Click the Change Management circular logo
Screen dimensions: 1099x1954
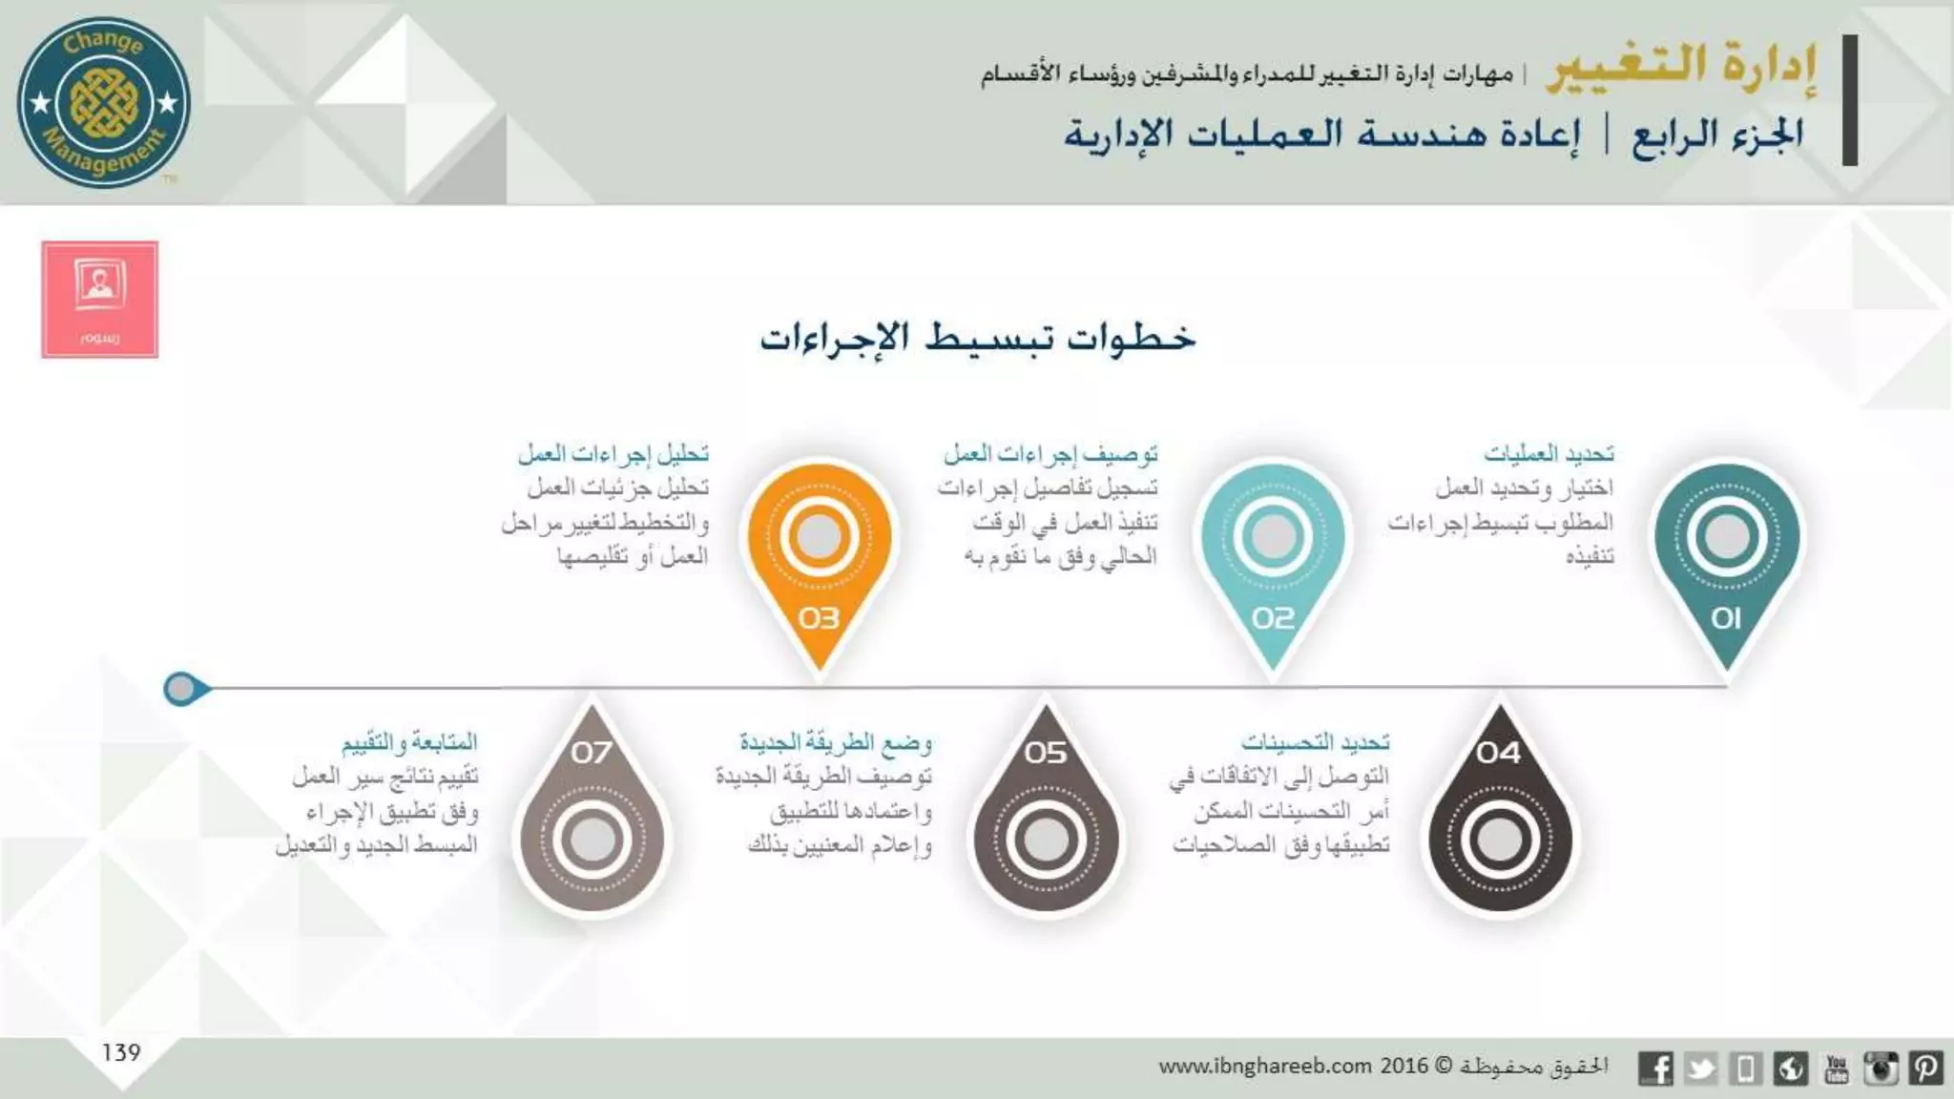104,102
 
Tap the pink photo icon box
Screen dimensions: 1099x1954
100,300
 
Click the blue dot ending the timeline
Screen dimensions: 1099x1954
181,688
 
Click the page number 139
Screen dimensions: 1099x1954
121,1052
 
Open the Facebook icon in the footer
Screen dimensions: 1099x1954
1655,1068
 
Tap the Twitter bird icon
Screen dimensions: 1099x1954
1701,1068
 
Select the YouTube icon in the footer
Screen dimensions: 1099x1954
1836,1068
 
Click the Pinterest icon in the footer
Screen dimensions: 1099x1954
1925,1068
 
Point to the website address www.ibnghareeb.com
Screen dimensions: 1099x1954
1265,1066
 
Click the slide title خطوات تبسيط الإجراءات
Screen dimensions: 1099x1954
977,338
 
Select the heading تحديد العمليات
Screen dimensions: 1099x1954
1549,453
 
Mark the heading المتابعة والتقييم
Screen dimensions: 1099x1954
409,742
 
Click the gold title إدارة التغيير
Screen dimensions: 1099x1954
1681,67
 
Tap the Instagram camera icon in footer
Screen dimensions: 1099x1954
1881,1068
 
